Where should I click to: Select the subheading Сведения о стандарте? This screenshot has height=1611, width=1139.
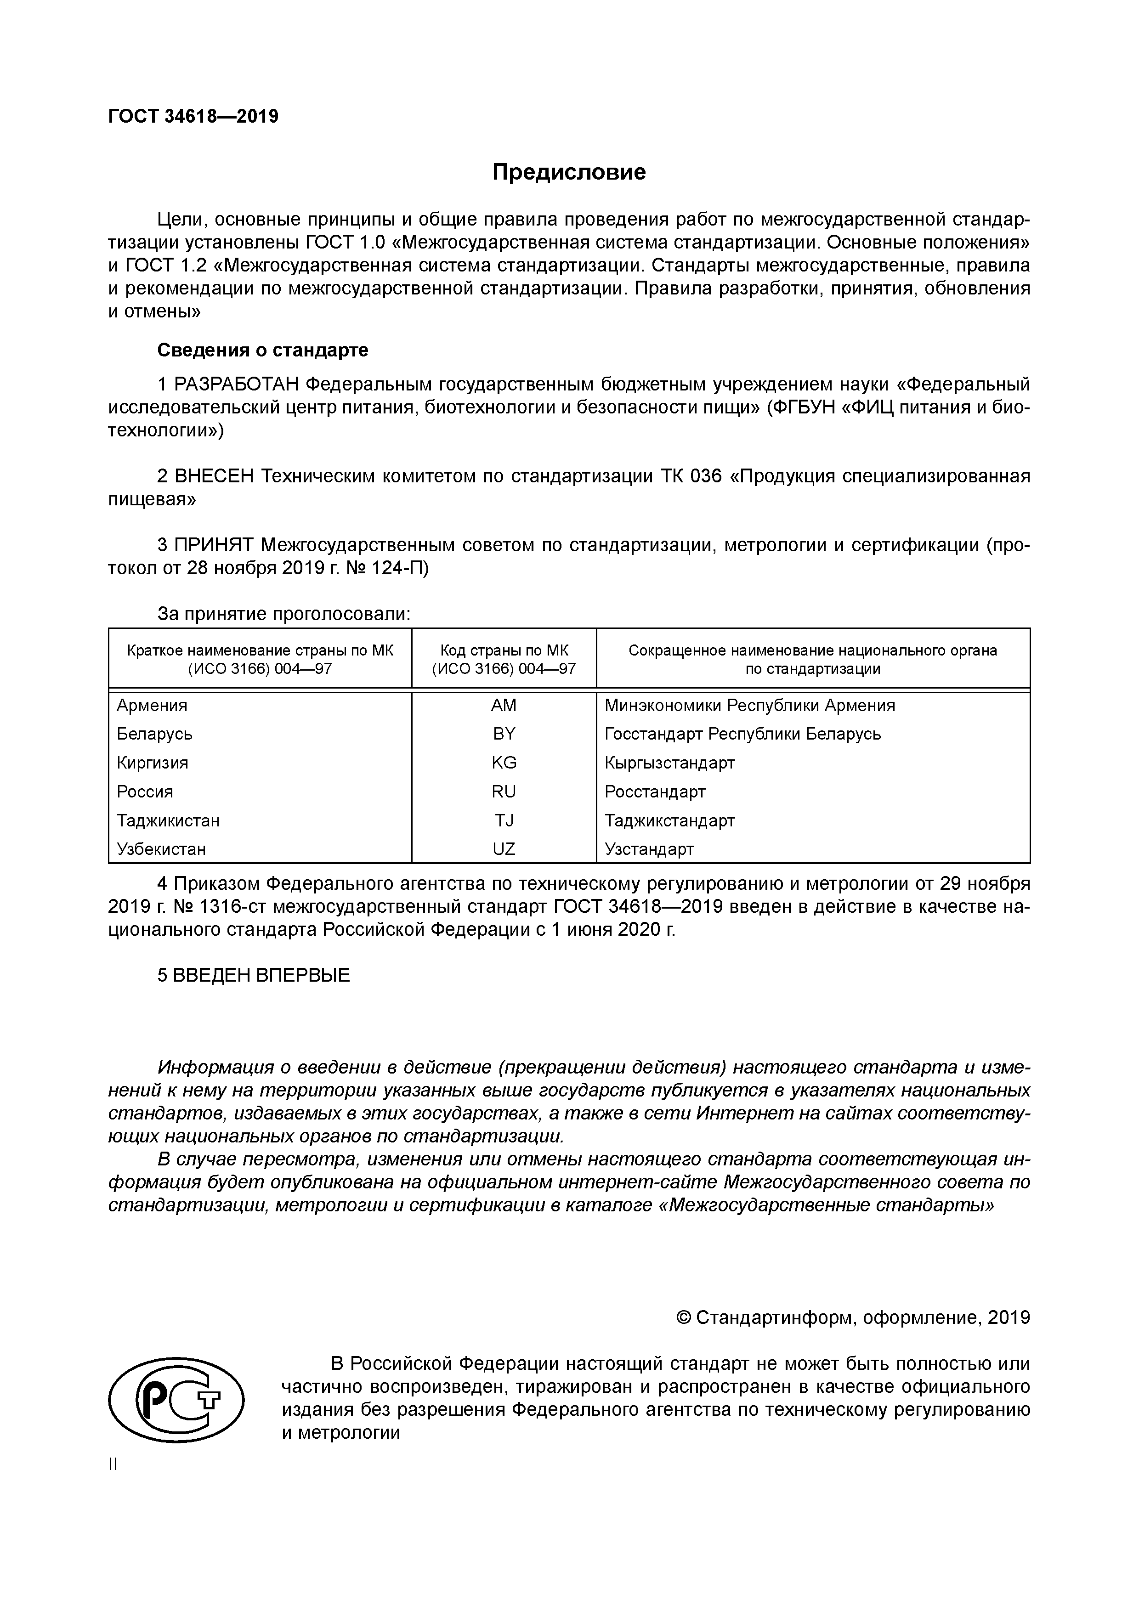262,350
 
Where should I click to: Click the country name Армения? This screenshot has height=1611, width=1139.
152,705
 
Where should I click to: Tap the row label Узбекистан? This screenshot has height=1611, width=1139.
161,849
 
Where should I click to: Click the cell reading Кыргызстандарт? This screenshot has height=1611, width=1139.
669,763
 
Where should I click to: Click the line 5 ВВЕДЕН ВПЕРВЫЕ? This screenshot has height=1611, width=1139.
253,975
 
